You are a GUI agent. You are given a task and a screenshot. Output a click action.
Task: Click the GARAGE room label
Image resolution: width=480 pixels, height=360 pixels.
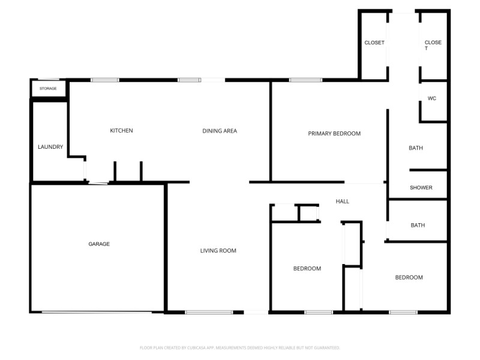pos(99,244)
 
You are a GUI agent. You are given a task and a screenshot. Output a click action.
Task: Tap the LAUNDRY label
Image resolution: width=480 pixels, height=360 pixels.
pos(50,147)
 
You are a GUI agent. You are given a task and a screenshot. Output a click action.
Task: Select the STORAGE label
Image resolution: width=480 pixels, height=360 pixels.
pos(48,89)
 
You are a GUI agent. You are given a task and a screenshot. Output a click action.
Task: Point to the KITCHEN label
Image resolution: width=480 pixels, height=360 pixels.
pos(121,131)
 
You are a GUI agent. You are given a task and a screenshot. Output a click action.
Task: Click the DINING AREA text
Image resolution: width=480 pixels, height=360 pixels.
pos(220,131)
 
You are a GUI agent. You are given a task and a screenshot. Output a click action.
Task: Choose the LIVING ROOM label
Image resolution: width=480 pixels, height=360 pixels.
pos(218,251)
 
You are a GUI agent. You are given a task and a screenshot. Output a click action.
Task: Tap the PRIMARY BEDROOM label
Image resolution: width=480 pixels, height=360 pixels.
pos(334,134)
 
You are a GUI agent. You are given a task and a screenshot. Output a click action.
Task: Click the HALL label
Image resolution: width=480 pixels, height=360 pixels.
pos(343,202)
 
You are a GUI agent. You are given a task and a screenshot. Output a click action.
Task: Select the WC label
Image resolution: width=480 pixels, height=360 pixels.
pos(431,98)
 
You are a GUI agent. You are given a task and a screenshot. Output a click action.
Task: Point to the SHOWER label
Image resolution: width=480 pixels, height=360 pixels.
pos(421,188)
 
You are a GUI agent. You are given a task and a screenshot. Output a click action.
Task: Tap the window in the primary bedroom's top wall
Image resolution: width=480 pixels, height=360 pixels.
pos(305,80)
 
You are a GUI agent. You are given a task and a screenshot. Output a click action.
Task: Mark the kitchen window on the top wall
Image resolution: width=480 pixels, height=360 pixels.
pos(105,80)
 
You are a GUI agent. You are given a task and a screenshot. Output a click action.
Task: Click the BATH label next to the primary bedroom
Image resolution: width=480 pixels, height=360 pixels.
pos(416,148)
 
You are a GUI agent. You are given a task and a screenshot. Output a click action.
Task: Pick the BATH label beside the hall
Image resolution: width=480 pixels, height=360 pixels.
pos(418,226)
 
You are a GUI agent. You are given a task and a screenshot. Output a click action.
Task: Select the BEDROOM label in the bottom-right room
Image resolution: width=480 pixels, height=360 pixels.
pos(409,278)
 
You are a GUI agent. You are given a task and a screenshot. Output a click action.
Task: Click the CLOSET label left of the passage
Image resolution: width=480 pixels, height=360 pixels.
pos(374,43)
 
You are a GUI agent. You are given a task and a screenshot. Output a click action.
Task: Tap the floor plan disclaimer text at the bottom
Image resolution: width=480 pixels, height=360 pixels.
pos(240,347)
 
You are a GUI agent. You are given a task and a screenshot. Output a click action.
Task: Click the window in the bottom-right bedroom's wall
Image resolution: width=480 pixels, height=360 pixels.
pos(403,312)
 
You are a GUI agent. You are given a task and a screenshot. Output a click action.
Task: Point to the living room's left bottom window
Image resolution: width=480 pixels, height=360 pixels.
pos(208,312)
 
